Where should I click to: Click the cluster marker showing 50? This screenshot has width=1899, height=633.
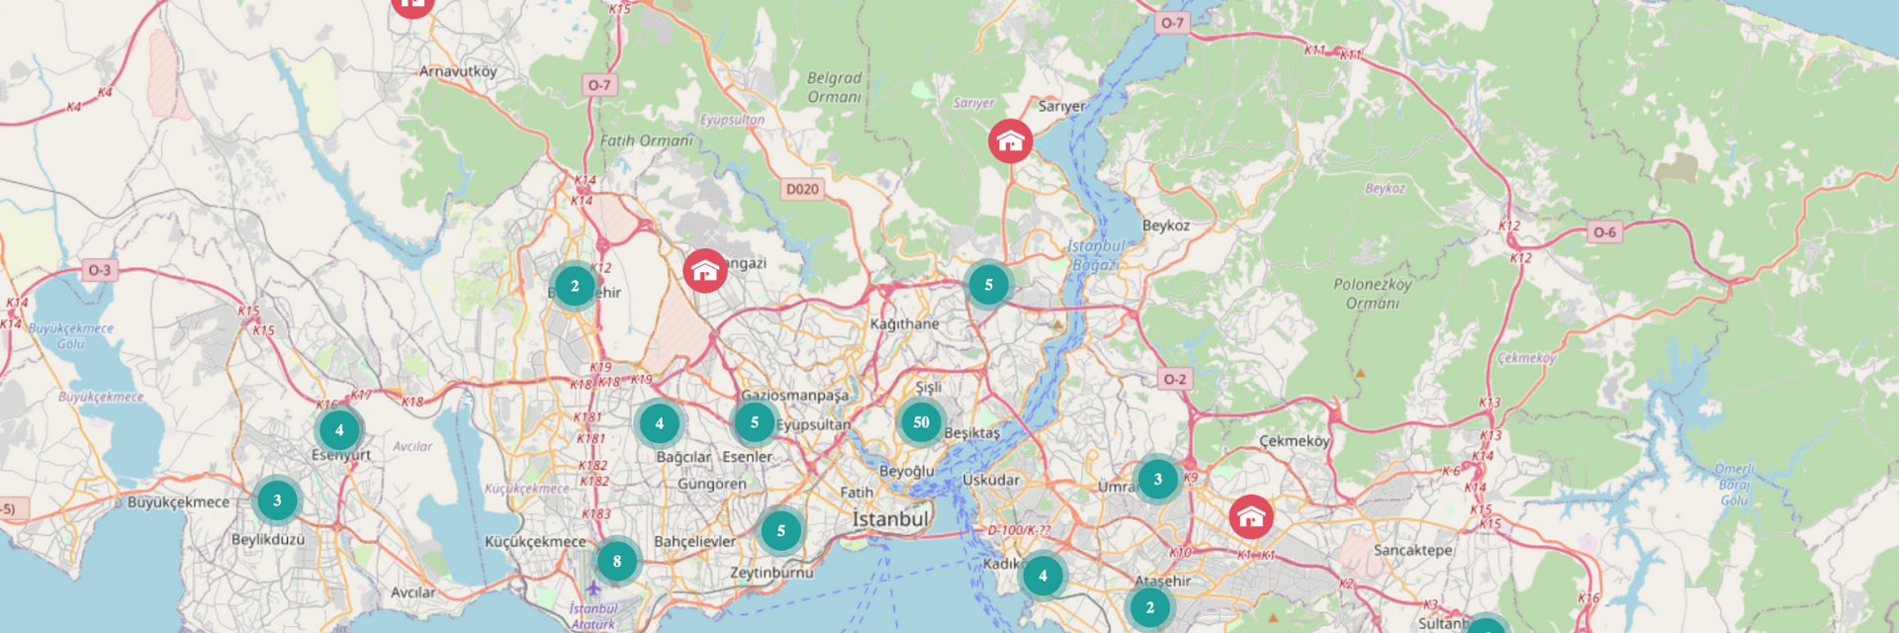(921, 422)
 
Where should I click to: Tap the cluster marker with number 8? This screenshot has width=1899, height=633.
(617, 562)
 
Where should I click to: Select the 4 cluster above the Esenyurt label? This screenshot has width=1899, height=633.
(339, 430)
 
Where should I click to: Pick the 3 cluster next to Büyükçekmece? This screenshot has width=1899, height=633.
(277, 500)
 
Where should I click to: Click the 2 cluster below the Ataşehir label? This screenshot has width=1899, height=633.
(1149, 607)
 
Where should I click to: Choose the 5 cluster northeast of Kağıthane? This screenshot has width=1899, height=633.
(988, 285)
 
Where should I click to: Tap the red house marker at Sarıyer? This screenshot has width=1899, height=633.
(1010, 141)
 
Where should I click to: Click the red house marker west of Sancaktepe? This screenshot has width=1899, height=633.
(1251, 516)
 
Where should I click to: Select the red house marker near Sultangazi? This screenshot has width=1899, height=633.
(704, 270)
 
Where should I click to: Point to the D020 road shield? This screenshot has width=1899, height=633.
(802, 189)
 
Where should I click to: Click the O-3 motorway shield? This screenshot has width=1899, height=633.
(100, 270)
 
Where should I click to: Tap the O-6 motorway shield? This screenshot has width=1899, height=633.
(1604, 232)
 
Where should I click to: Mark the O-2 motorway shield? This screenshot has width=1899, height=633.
(1174, 379)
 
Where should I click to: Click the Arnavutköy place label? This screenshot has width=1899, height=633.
(458, 71)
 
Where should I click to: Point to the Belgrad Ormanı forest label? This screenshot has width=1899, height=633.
(834, 87)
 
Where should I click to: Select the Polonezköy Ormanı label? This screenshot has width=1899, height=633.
(1372, 294)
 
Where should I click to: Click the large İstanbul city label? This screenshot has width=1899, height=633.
(890, 519)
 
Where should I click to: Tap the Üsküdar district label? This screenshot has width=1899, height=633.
(990, 480)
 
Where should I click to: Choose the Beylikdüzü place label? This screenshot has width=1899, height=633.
(268, 540)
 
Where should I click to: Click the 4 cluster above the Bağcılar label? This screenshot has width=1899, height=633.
(659, 424)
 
